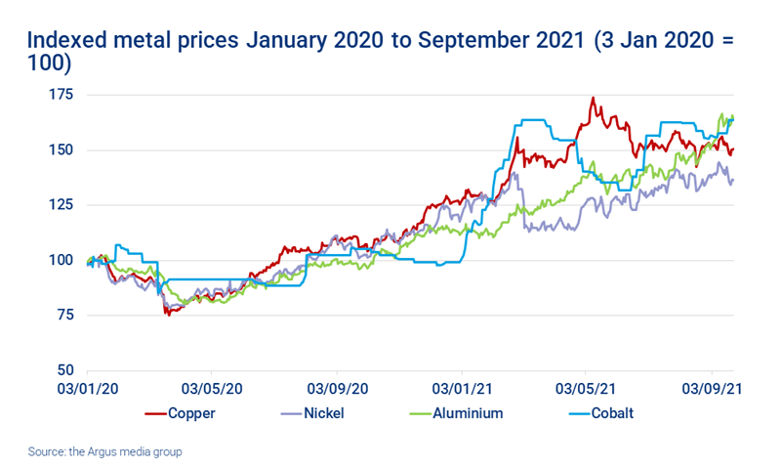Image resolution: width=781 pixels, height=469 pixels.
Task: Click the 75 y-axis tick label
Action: tap(64, 316)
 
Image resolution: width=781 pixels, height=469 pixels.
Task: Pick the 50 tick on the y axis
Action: tap(64, 370)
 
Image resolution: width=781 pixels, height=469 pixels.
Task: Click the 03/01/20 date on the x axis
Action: tap(88, 389)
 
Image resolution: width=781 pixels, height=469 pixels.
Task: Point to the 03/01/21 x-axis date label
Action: tap(461, 389)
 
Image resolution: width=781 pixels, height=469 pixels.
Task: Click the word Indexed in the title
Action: tap(69, 42)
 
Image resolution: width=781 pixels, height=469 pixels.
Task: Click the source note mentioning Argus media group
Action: tap(105, 451)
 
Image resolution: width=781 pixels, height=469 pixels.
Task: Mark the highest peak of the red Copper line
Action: tap(593, 98)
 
